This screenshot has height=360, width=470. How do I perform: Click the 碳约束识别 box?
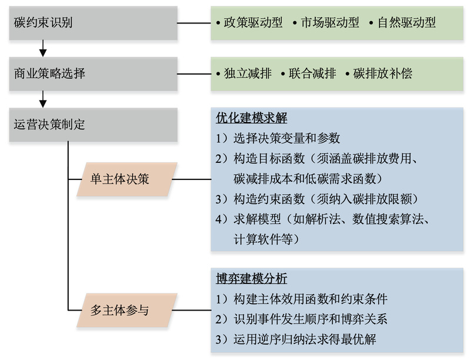tap(93, 23)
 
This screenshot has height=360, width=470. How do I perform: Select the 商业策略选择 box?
tap(93, 74)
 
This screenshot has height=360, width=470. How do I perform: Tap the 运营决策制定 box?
tap(93, 124)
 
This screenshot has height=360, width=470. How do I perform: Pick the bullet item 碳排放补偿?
tap(383, 74)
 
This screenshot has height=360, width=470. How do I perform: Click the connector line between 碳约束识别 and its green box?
tap(194, 24)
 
